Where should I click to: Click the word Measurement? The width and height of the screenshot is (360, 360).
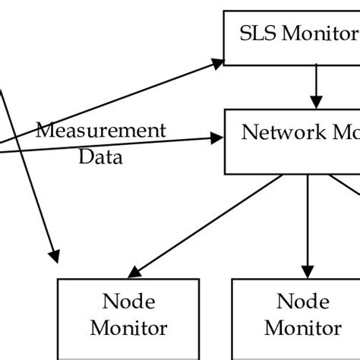[x=100, y=130]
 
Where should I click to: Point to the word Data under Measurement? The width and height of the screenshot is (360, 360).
[x=100, y=158]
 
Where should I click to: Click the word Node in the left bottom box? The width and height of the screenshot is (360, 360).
[x=129, y=302]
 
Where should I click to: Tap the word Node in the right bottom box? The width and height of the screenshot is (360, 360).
[x=302, y=302]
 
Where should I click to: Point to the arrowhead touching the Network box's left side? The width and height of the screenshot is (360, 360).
[x=219, y=138]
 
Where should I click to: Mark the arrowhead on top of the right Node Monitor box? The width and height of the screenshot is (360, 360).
[x=307, y=270]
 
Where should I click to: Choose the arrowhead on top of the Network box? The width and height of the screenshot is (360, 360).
[x=317, y=99]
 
